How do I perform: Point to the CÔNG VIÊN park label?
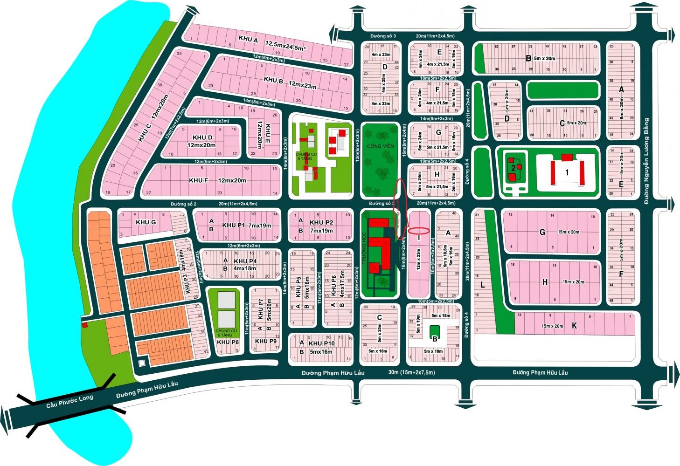[380, 146]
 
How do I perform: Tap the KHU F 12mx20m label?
[217, 180]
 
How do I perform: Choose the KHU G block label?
[146, 222]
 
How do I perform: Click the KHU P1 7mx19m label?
[247, 226]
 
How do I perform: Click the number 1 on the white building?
[567, 172]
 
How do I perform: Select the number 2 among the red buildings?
[512, 168]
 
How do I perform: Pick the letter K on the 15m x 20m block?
[574, 326]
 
